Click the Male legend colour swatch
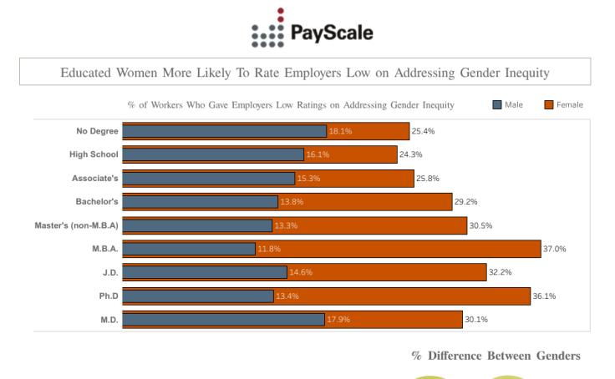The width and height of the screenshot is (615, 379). [497, 104]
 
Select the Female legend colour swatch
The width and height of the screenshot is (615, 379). [549, 104]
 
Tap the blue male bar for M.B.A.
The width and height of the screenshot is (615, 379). [189, 249]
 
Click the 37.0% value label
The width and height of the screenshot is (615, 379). [555, 249]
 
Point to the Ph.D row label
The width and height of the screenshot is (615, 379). [109, 296]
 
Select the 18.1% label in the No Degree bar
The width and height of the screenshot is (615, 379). [340, 131]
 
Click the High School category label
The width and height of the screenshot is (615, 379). [94, 154]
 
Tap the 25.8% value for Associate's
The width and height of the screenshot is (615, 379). [428, 179]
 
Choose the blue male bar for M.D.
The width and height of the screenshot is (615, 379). [223, 320]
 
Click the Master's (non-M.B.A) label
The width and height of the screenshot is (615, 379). [76, 225]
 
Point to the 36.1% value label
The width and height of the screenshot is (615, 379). [545, 296]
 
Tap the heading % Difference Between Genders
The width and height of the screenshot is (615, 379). [496, 356]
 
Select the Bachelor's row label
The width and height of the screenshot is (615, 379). [97, 202]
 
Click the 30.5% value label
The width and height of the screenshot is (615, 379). [481, 225]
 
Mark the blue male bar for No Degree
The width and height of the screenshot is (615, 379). [224, 131]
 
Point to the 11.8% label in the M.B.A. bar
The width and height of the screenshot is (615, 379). [269, 249]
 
